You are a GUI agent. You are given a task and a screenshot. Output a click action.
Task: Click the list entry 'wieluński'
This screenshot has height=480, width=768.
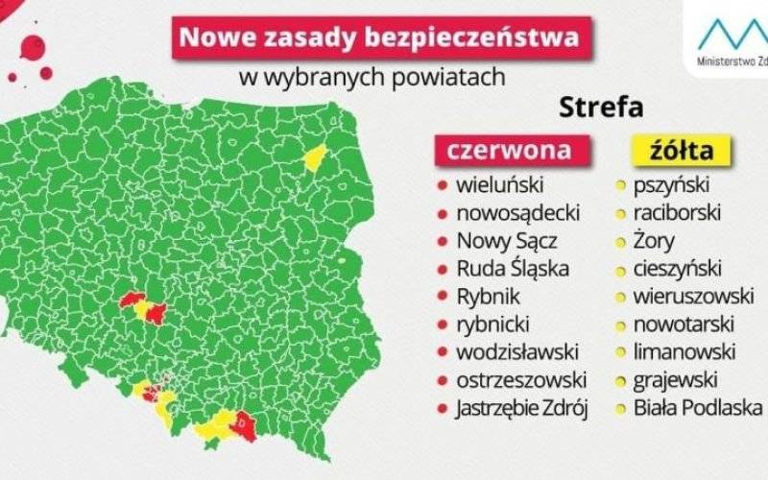point(499,185)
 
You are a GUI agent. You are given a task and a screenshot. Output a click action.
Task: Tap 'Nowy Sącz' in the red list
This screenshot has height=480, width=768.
point(506,241)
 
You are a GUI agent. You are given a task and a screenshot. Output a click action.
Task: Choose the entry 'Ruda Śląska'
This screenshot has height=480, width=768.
point(513,269)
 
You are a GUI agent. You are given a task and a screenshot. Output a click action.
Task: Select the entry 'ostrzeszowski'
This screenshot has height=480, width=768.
point(521,380)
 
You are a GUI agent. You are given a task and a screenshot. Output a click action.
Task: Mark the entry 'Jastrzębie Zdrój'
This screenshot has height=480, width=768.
point(522,408)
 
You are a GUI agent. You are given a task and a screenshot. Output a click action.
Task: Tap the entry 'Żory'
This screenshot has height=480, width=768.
point(654,241)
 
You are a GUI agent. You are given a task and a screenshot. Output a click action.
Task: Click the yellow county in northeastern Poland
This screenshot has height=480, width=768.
point(314,156)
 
